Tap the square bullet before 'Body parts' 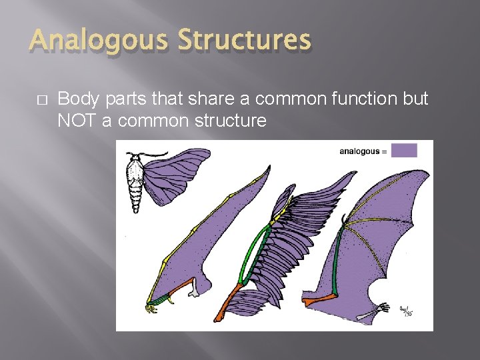[x=42, y=99]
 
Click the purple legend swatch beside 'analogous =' [x=404, y=151]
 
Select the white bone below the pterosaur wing [x=194, y=289]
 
